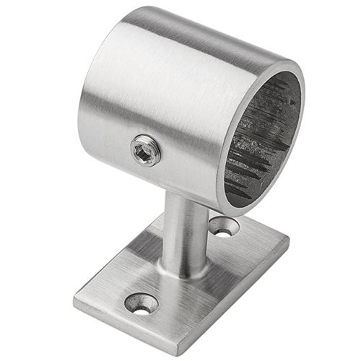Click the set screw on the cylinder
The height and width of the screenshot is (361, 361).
(145, 150)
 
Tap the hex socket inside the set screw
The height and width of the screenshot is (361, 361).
(144, 150)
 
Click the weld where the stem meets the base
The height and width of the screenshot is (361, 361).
(180, 273)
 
